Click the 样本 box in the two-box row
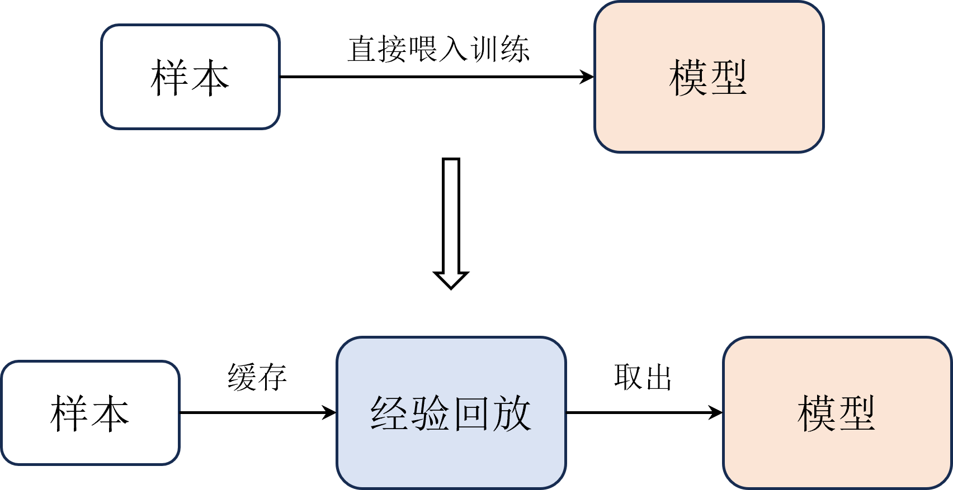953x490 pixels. [x=190, y=77]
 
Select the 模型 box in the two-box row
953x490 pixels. [x=709, y=77]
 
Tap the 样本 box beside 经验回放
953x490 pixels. [x=90, y=413]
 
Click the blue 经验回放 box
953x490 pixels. [x=451, y=413]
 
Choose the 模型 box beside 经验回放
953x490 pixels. [x=837, y=413]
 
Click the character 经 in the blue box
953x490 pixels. [x=389, y=413]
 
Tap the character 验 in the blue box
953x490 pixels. [x=430, y=413]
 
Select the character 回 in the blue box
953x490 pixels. [x=471, y=413]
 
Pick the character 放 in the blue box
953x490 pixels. [x=512, y=413]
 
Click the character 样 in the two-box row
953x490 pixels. [x=169, y=78]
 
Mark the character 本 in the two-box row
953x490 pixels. [x=210, y=78]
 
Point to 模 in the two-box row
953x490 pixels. [x=688, y=78]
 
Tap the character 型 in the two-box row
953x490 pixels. [x=729, y=78]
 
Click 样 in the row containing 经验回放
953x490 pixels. [x=69, y=413]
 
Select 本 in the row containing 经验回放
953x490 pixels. [x=110, y=413]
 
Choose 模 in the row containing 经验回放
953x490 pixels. [x=816, y=413]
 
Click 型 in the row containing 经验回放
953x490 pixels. [x=857, y=413]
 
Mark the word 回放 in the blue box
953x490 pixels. [x=492, y=413]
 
